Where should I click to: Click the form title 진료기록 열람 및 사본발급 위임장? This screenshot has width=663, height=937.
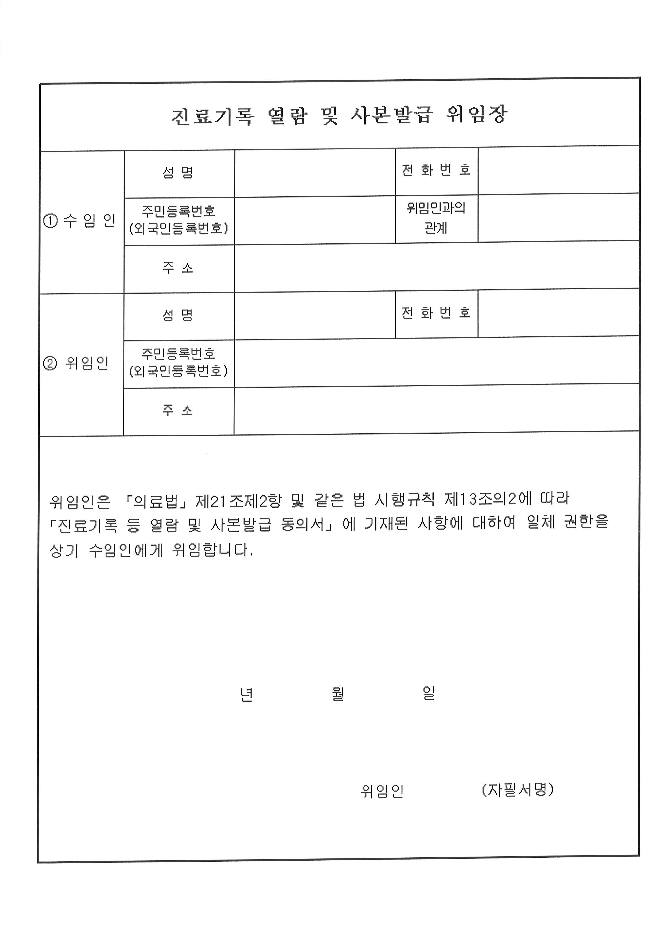pos(339,115)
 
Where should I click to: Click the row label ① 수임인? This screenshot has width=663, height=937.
pos(80,221)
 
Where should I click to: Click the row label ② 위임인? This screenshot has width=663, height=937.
pos(76,363)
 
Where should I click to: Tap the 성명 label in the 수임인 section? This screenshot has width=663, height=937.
pos(178,173)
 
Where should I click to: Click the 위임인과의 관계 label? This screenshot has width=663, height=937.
pos(436,217)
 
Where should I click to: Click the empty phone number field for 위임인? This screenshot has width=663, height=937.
pos(558,313)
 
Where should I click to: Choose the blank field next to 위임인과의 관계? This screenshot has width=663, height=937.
pos(558,217)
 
